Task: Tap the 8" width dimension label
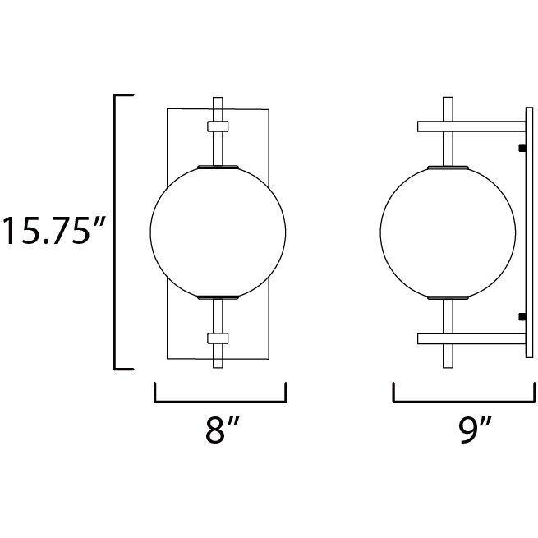coord(221,429)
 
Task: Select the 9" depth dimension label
coord(476,430)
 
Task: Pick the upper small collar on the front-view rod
coord(218,126)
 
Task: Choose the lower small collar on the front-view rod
coord(218,338)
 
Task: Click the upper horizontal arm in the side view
coord(471,126)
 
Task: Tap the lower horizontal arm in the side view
coord(471,338)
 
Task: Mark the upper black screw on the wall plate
coord(522,148)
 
